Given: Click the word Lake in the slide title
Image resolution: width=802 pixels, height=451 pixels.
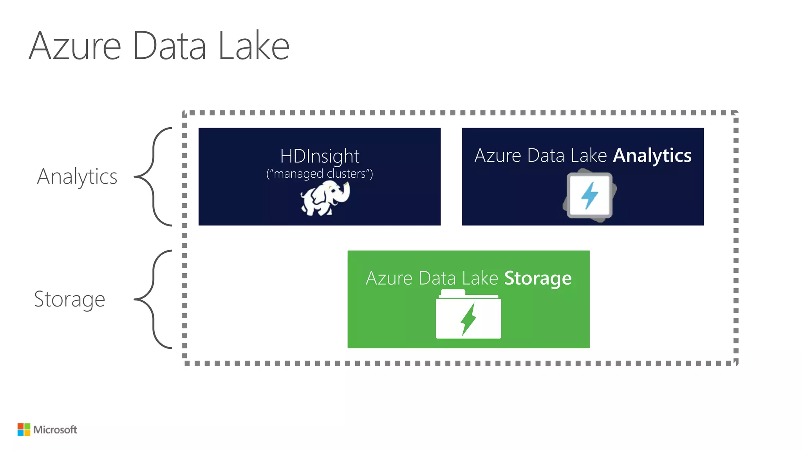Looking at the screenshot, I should [x=253, y=46].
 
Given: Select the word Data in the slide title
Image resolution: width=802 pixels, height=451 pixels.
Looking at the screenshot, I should [x=169, y=46].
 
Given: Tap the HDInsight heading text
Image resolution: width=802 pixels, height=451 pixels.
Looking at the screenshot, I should [x=320, y=156].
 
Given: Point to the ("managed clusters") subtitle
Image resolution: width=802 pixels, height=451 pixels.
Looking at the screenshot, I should [x=320, y=173].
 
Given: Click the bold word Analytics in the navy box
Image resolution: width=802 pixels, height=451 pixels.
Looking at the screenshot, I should [x=652, y=156].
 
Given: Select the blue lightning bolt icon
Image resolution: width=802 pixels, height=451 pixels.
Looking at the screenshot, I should [x=589, y=195].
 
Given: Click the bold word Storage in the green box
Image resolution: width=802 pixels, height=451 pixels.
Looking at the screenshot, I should [x=538, y=278].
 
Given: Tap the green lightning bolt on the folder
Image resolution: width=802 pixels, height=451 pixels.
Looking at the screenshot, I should [x=468, y=319].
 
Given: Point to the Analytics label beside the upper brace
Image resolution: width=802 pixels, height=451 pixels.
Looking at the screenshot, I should [x=77, y=177].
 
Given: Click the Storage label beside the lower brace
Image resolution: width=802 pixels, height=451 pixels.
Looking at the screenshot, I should [x=70, y=299].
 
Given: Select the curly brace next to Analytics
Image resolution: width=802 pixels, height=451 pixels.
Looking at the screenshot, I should [x=154, y=177].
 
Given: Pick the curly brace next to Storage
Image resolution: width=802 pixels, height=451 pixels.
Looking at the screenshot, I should [x=154, y=299].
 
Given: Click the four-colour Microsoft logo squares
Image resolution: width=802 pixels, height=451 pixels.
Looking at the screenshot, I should [x=24, y=429].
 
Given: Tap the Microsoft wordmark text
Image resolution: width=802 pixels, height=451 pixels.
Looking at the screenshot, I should [x=55, y=430].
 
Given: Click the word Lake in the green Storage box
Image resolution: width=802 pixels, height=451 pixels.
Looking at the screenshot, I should [x=480, y=278].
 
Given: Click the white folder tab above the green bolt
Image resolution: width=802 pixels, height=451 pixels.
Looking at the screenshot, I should [x=453, y=293].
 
